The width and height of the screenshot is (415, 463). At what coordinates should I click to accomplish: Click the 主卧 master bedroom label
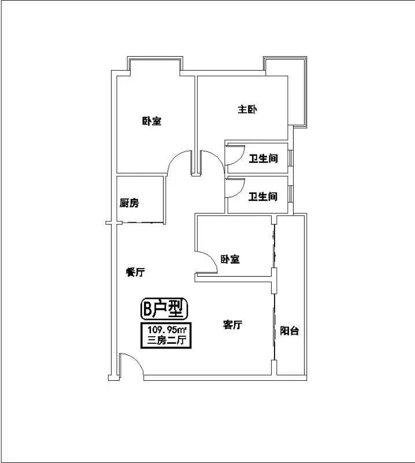pos(247,109)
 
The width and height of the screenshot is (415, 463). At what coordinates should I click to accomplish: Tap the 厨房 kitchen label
pos(129,203)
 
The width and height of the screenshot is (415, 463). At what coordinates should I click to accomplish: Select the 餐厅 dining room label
pos(135,272)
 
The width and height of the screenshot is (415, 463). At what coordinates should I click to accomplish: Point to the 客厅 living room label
pos(232,325)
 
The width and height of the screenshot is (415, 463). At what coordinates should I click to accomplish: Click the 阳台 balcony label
pos(290,330)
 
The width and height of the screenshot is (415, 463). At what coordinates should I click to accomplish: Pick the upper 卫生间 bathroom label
pos(263,159)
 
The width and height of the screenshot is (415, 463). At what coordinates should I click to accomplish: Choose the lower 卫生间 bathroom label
pos(263,196)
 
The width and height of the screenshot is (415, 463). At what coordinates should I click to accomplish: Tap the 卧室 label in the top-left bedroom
pos(152,121)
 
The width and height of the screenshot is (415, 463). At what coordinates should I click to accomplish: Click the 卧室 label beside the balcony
pos(231,259)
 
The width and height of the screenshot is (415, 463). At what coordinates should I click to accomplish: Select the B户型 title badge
pos(164,308)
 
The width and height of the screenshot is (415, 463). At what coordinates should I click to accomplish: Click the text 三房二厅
pos(166,340)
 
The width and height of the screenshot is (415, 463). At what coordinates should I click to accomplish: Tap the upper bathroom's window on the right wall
pos(291,158)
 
